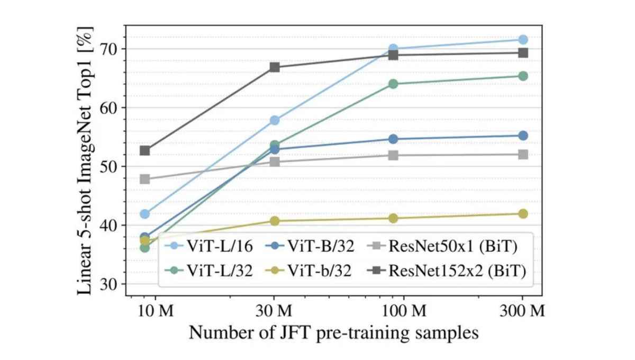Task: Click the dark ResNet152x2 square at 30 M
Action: pyautogui.click(x=275, y=67)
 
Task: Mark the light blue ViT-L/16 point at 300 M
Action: pyautogui.click(x=523, y=40)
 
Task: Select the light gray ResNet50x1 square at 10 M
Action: pyautogui.click(x=144, y=179)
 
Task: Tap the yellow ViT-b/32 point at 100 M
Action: pyautogui.click(x=393, y=218)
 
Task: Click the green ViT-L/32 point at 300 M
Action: pyautogui.click(x=523, y=76)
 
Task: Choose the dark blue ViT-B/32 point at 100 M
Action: pyautogui.click(x=393, y=139)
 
